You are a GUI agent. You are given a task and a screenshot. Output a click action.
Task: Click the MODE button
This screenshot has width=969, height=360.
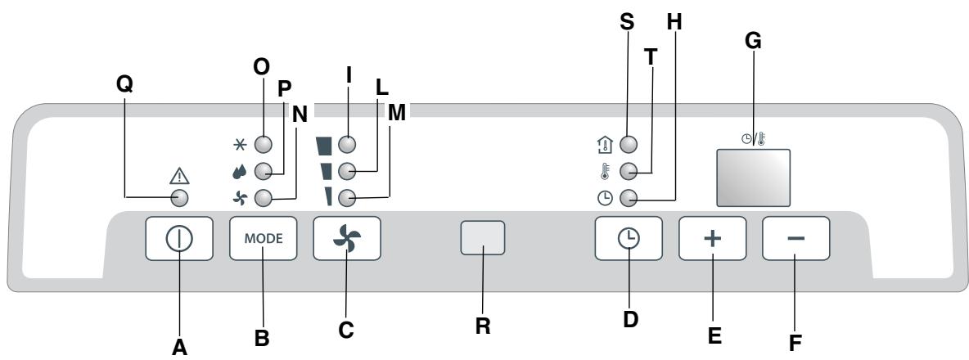(263, 239)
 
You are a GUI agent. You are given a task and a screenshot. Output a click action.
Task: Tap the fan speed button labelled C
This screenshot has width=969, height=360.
(347, 239)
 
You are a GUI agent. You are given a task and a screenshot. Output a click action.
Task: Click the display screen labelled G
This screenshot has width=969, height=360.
(753, 177)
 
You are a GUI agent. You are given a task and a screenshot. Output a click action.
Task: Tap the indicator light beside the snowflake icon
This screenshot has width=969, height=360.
(263, 144)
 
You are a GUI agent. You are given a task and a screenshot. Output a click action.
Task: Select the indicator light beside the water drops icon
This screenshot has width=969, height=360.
(263, 171)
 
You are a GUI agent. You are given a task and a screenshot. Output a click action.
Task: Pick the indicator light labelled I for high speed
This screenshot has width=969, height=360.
(347, 144)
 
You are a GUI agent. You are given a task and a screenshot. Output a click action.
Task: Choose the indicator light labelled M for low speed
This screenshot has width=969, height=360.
(347, 197)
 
